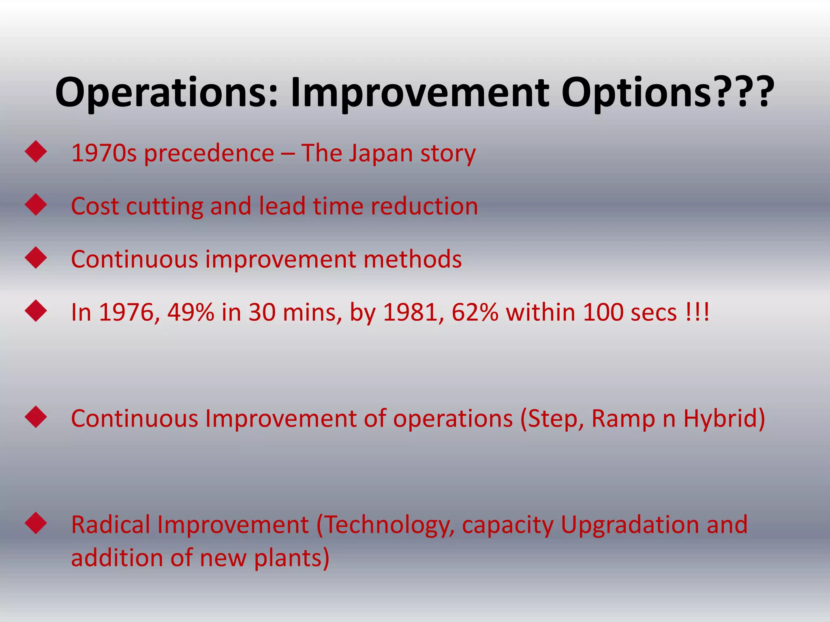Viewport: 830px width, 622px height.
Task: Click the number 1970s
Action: [x=104, y=153]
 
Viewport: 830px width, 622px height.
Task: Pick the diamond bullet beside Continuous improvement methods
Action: [x=36, y=258]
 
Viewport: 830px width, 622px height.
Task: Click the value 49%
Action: [x=190, y=312]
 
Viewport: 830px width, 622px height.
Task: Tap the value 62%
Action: [x=475, y=312]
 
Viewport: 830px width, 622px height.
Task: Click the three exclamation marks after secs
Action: [x=698, y=312]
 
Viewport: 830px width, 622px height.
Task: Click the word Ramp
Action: [x=623, y=418]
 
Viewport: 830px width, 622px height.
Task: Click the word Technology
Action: [x=387, y=525]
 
